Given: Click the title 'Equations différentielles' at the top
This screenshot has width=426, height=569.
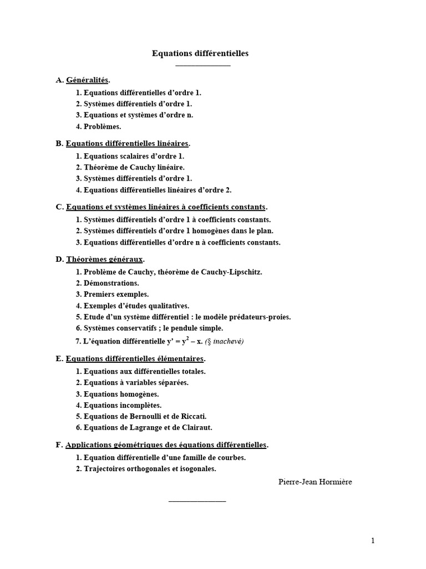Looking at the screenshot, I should pyautogui.click(x=200, y=53).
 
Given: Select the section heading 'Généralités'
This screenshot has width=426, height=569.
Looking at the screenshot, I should pyautogui.click(x=87, y=80).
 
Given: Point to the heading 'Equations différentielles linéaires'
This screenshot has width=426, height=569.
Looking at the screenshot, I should pyautogui.click(x=127, y=143).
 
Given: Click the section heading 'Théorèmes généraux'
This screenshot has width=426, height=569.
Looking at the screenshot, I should pyautogui.click(x=104, y=259).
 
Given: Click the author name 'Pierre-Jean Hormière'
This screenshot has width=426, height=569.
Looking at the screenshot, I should pyautogui.click(x=315, y=482).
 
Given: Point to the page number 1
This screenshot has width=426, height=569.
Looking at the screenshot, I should pyautogui.click(x=373, y=541).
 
